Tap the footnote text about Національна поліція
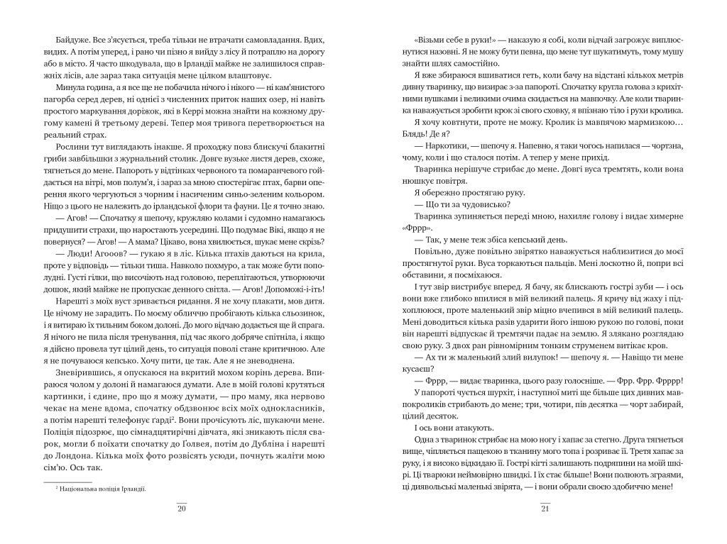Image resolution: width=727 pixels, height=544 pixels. point(100,489)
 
